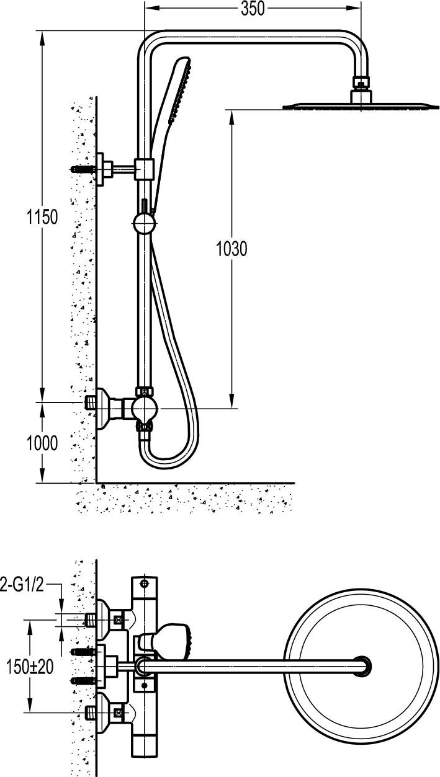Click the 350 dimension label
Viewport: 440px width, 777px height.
pos(253,9)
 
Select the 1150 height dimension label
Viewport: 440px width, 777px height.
pos(42,217)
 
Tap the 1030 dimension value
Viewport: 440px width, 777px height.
pos(231,249)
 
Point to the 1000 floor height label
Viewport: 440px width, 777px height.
pos(42,443)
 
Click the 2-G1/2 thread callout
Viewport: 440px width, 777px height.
pos(22,585)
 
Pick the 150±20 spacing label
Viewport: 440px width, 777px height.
pos(30,667)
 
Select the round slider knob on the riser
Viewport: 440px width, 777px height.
pos(144,224)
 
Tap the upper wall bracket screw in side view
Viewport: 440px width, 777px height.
pos(83,170)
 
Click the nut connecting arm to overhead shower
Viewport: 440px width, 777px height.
pos(362,82)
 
